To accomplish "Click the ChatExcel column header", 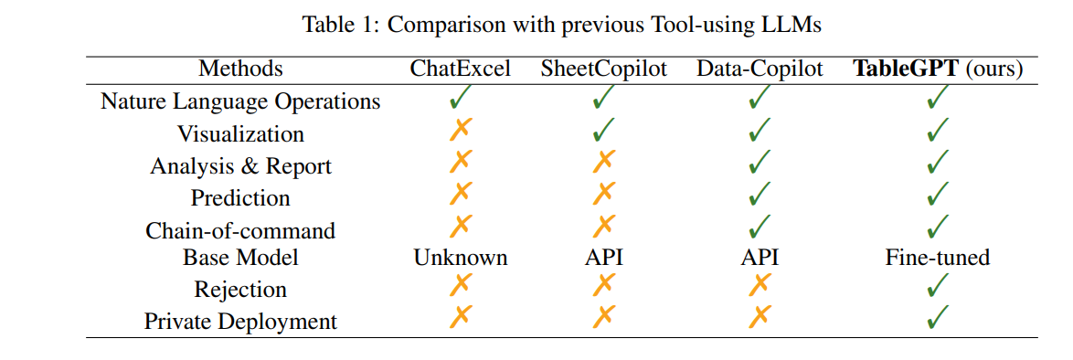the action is coord(460,69).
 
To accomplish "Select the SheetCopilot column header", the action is coord(604,69).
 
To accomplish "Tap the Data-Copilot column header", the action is coord(760,69).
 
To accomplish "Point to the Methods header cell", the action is coord(240,69).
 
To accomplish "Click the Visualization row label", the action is coord(240,133).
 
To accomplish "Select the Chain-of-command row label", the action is coord(240,230).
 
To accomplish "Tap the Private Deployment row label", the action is coord(240,322).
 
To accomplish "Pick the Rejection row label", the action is coord(240,290).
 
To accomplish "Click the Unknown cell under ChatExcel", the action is coord(460,258).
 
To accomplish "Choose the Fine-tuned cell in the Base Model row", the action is coord(937,258).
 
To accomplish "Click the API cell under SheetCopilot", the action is coord(604,258).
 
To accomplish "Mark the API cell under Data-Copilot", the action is coord(760,258).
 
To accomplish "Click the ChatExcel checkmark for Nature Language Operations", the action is coord(460,96).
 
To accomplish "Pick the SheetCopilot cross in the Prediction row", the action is coord(604,194).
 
